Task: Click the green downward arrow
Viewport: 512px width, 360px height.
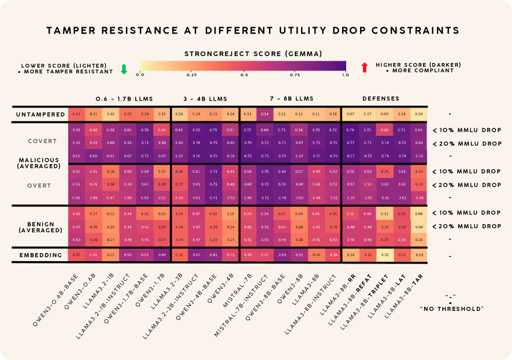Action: pos(124,69)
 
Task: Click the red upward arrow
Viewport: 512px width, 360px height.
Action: pos(364,67)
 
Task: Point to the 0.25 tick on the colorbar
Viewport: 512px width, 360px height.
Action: pos(191,75)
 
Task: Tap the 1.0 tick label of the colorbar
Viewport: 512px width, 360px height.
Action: pos(346,75)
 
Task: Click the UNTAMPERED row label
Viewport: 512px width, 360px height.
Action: pos(40,114)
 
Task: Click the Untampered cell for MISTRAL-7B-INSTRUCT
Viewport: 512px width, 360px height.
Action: pos(266,114)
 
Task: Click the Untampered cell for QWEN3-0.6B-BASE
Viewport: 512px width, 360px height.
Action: pos(76,114)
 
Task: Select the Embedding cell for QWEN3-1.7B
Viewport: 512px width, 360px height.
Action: pos(162,254)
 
